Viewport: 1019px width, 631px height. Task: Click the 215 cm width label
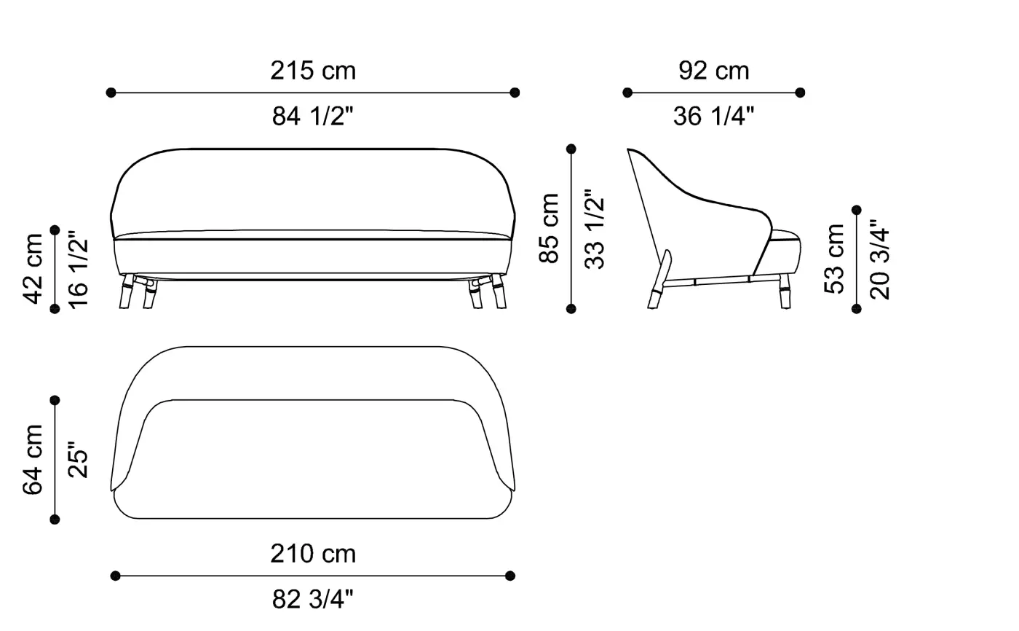coord(313,71)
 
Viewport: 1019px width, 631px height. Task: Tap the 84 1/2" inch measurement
coord(312,116)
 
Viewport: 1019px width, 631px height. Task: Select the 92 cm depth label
coord(713,71)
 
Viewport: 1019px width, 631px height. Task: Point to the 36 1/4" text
coord(713,116)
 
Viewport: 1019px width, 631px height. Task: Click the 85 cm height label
coord(549,228)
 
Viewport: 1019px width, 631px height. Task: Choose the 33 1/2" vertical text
coord(594,229)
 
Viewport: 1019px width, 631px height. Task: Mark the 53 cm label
coord(834,259)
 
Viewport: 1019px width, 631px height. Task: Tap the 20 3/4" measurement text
coord(879,259)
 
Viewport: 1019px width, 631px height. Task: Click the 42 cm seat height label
coord(32,269)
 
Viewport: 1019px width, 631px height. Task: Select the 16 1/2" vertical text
coord(78,269)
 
